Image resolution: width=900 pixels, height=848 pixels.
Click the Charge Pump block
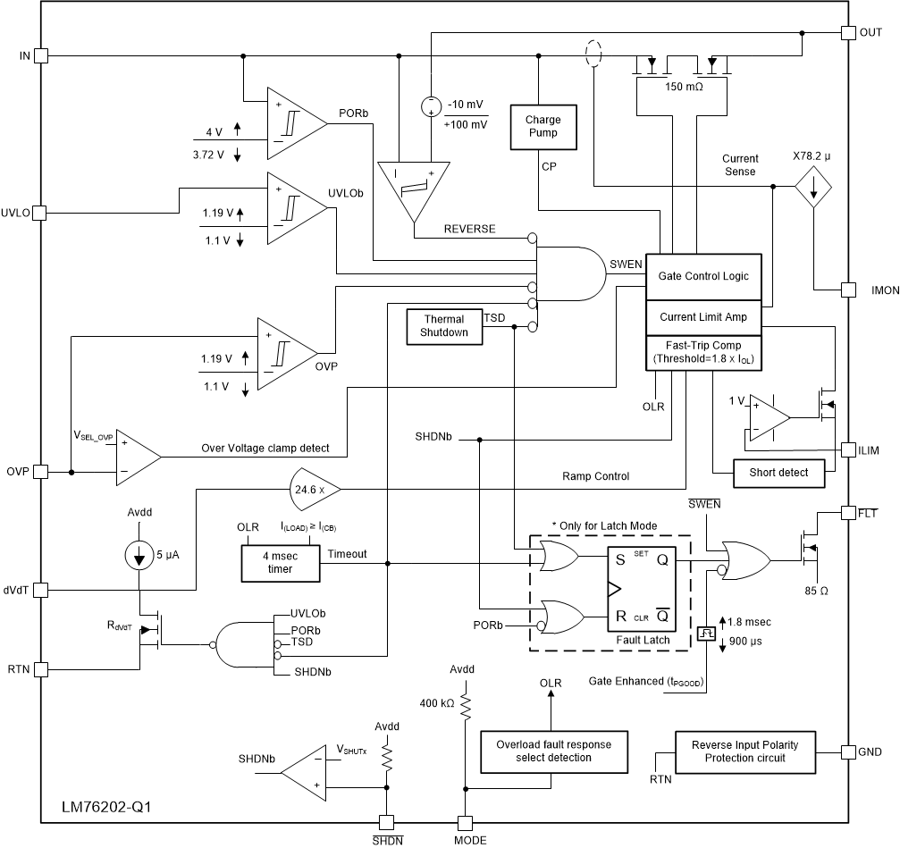pos(542,126)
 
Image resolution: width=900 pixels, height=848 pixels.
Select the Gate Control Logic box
pos(703,278)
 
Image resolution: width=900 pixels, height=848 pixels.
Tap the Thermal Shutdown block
pos(444,325)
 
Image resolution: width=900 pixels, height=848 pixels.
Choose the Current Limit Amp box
pos(703,316)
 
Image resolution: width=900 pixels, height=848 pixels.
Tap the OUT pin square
pos(847,33)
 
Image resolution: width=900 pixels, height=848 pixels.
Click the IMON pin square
pos(847,290)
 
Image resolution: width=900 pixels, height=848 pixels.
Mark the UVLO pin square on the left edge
pos(40,214)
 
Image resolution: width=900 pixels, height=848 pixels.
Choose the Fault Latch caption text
pos(642,640)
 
